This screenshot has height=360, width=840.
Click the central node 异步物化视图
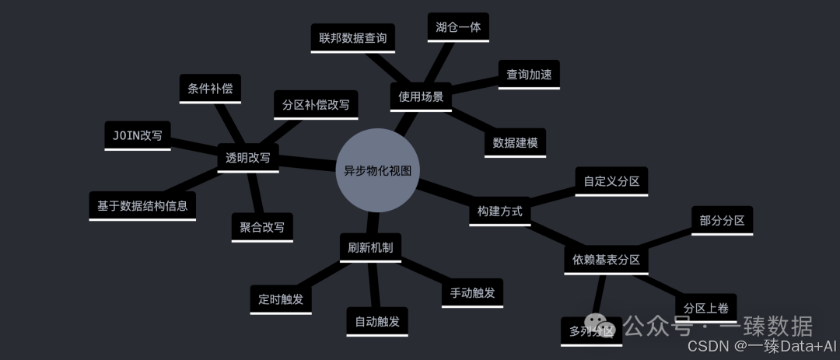[377, 170]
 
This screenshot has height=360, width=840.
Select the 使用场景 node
[421, 96]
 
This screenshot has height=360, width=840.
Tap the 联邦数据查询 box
[352, 37]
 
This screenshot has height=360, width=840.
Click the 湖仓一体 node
[458, 27]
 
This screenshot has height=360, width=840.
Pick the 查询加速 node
[529, 75]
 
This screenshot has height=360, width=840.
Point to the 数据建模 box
[515, 143]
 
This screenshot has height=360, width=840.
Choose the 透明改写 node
[247, 157]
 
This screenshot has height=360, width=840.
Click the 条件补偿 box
[210, 88]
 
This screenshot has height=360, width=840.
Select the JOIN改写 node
[138, 135]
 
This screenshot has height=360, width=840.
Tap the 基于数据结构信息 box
[142, 206]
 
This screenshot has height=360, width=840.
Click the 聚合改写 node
[262, 227]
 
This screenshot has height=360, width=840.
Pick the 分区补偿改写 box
[316, 104]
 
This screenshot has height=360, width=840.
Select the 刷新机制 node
[370, 248]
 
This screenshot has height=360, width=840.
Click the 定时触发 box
[281, 299]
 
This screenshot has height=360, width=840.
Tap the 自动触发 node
[377, 321]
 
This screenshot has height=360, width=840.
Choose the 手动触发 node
[472, 293]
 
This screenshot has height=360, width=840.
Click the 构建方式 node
[500, 211]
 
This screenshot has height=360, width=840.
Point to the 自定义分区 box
[611, 181]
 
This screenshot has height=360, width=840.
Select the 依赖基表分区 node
[606, 260]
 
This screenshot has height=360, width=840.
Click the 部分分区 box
[722, 220]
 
